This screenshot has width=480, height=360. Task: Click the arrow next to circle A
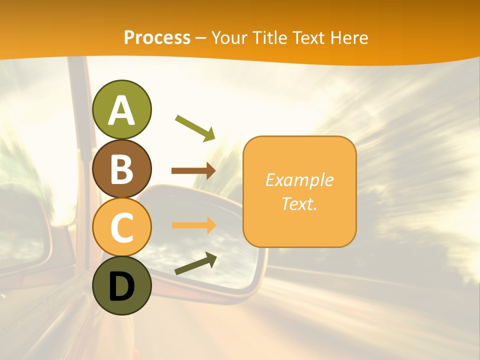(195, 128)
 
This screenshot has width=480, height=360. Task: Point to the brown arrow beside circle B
(193, 171)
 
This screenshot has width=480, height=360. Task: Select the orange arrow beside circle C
(193, 225)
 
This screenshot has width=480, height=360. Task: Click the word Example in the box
(299, 180)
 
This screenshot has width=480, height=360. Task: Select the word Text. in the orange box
(299, 203)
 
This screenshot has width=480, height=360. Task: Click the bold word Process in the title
(157, 37)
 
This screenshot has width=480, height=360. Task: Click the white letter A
(121, 110)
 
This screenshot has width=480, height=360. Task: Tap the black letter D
(121, 286)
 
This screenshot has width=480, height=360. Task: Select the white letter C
(121, 227)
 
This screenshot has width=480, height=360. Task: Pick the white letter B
(121, 169)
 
